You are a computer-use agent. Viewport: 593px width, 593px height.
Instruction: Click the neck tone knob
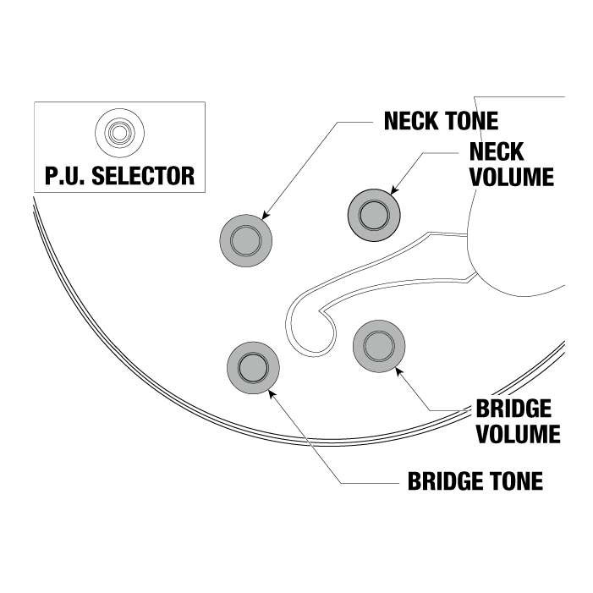(x=247, y=238)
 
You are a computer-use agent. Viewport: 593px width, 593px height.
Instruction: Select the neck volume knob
(x=372, y=216)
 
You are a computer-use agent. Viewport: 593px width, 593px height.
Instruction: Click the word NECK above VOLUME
(x=495, y=153)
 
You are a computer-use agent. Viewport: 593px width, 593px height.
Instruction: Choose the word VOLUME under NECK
(x=512, y=177)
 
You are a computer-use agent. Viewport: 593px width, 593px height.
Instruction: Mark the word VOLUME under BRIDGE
(x=518, y=434)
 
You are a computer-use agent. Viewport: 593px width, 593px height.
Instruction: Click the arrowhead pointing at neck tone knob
(x=266, y=217)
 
